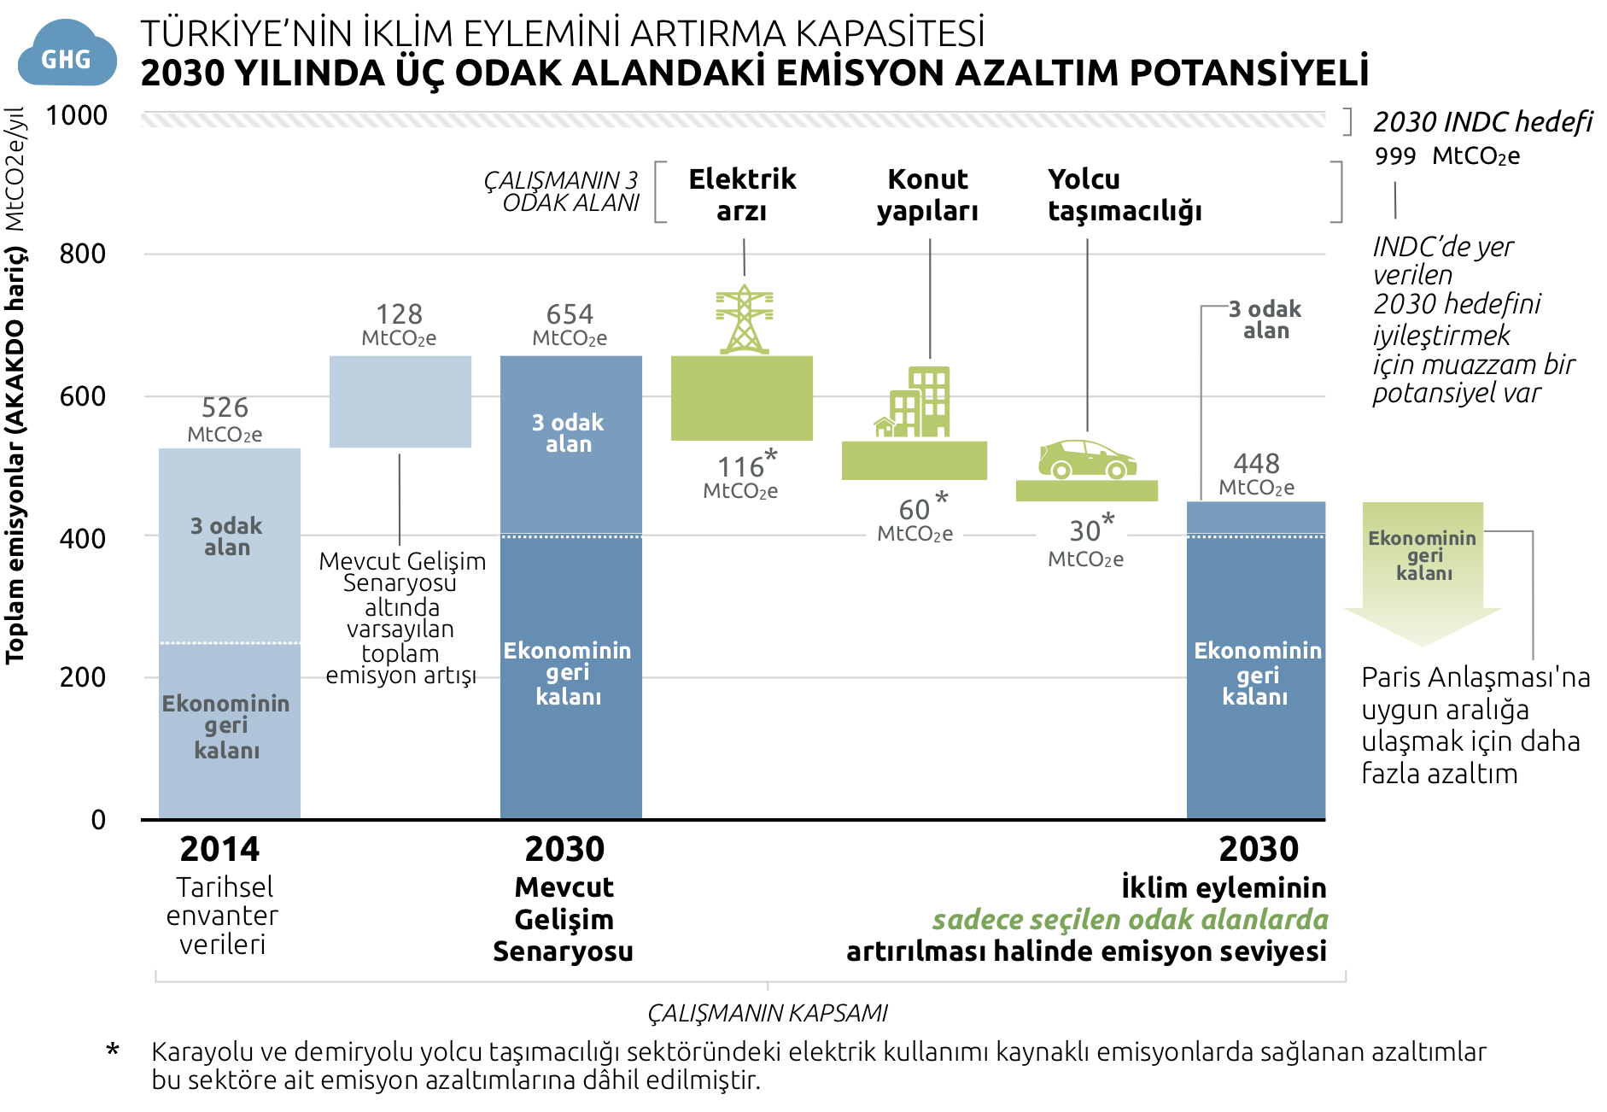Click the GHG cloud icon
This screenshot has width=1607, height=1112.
coord(67,55)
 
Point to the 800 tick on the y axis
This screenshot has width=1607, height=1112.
coord(83,254)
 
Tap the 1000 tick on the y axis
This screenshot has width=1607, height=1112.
coord(77,115)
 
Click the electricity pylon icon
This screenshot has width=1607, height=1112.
coord(745,319)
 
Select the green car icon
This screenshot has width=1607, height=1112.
coord(1087,459)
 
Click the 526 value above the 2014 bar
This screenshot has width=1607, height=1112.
coord(225,407)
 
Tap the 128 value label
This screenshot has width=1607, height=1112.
coord(399,314)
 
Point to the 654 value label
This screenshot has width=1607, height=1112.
coord(570,314)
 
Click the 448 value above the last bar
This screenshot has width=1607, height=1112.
coord(1256,464)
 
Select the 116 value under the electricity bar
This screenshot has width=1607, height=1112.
coord(741,467)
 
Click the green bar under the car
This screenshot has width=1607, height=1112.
coord(1086,490)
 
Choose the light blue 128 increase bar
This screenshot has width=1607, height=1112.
coord(400,401)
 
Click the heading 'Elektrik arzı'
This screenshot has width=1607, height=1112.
coord(742,195)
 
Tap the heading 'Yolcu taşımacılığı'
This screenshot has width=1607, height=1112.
coord(1124,195)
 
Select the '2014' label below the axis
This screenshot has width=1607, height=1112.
coord(219,849)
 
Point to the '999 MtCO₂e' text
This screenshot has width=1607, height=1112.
coord(1446,156)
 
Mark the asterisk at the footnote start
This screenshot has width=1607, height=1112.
coord(113,1051)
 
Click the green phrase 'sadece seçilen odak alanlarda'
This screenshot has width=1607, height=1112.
coord(1130,920)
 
